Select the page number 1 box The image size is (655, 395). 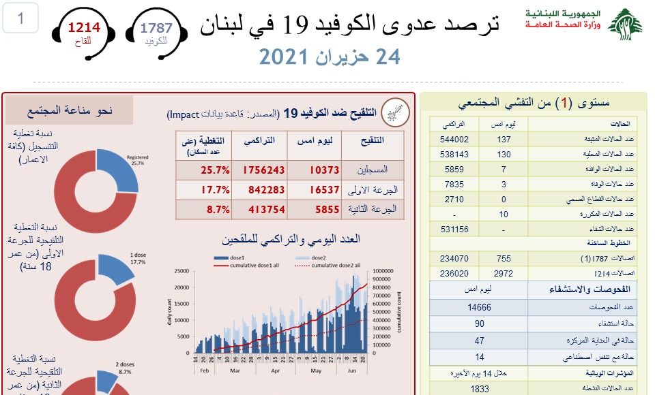[20, 18]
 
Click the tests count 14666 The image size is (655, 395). [480, 307]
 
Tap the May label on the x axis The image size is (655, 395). [315, 370]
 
